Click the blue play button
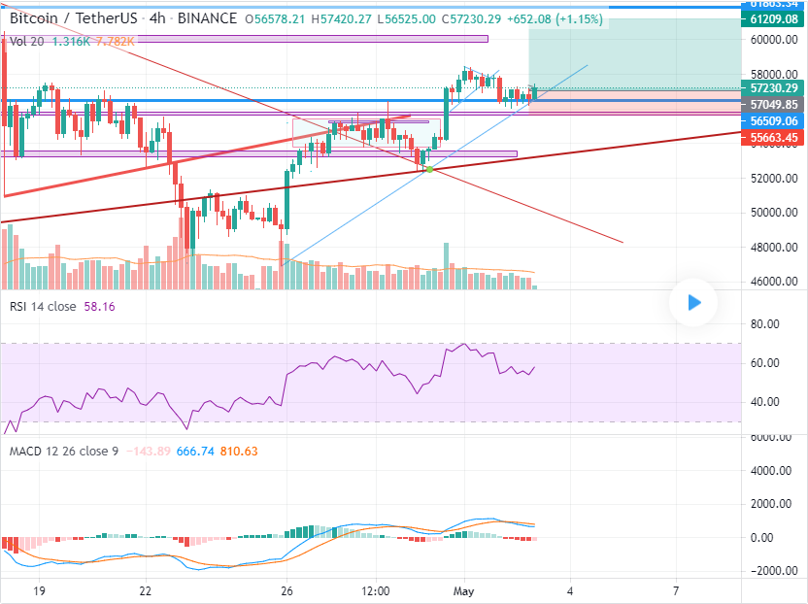tap(693, 302)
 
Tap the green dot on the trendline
tap(429, 170)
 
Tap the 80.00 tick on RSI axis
tap(766, 324)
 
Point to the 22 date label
tap(146, 590)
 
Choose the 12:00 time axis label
tap(375, 590)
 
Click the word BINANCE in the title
tap(210, 18)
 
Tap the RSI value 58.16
tap(100, 306)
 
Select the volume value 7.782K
tap(113, 41)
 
